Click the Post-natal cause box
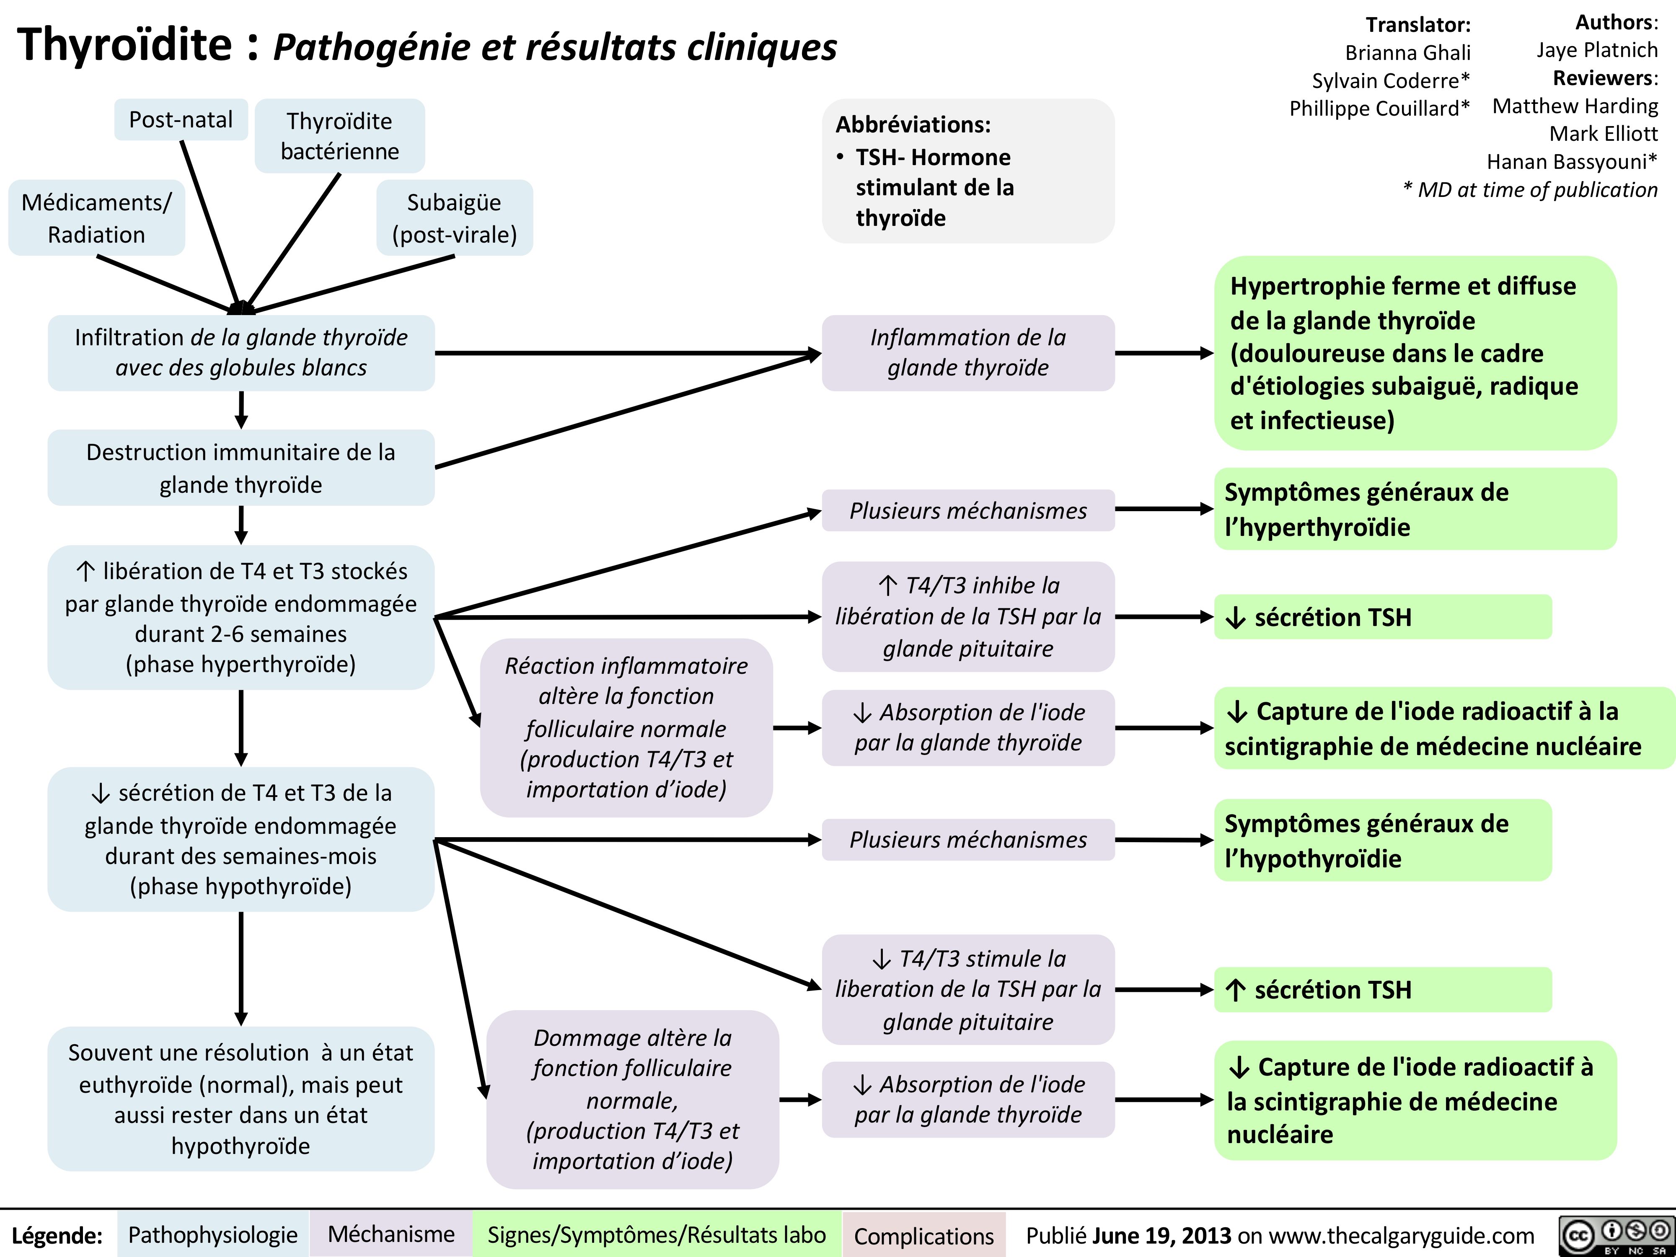pos(181,120)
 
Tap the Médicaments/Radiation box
pos(96,218)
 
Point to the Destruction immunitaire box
pos(241,468)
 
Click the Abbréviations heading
pos(913,124)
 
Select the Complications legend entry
pos(923,1236)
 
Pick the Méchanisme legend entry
pos(391,1234)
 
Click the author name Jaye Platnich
pos(1596,50)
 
